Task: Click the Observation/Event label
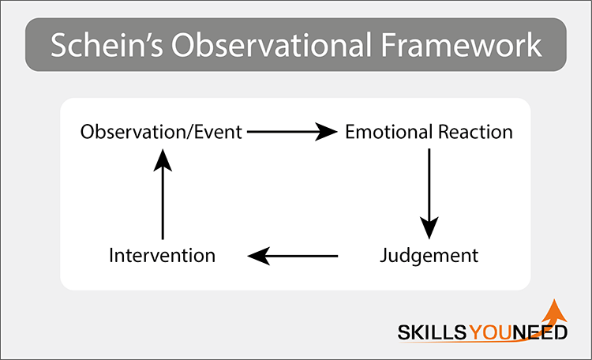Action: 161,132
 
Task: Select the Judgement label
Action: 429,256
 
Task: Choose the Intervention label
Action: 162,256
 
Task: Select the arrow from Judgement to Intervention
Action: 294,256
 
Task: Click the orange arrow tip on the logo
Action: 553,305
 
